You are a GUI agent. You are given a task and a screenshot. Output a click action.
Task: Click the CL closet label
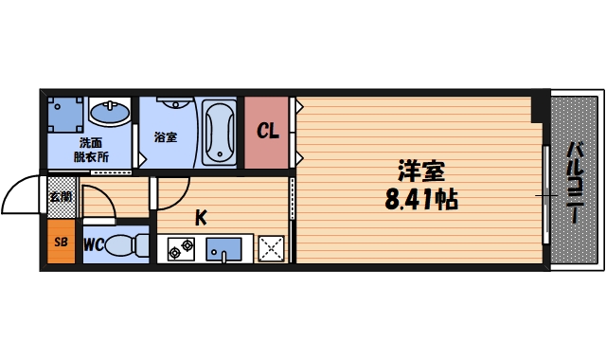[269, 132]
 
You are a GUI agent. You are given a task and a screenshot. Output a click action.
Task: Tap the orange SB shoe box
[61, 243]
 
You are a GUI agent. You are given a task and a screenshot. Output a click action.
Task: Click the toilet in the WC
[126, 246]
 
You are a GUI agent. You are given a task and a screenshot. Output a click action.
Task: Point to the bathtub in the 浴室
[219, 131]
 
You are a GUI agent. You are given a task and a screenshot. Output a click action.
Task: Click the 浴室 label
[166, 136]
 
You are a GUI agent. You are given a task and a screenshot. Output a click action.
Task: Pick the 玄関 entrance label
[60, 198]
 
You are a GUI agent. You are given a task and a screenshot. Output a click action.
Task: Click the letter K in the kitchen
[201, 218]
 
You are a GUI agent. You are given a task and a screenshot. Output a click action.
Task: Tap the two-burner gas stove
[181, 249]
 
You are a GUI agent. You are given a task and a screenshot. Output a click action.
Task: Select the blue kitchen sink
[226, 249]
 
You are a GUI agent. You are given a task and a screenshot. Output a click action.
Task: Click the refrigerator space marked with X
[272, 248]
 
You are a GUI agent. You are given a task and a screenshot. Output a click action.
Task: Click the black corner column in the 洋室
[538, 108]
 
